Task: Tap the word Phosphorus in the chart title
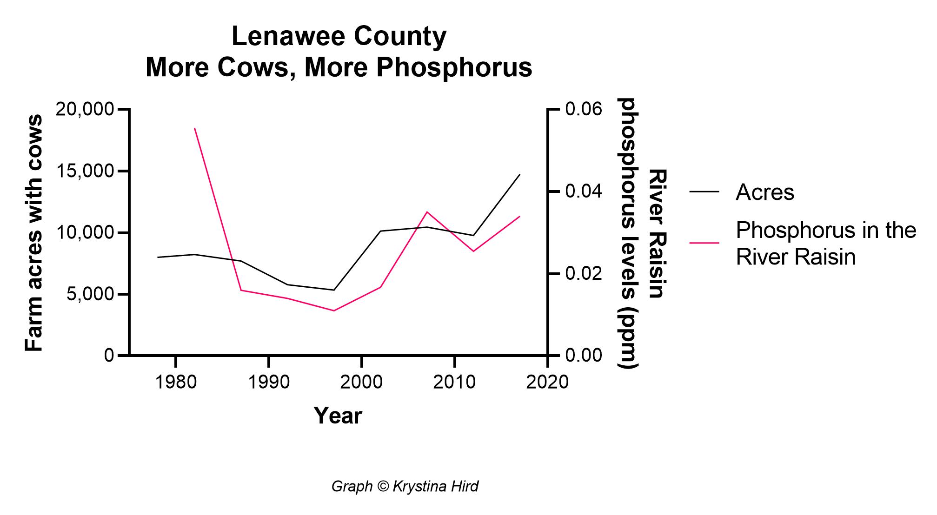pyautogui.click(x=454, y=67)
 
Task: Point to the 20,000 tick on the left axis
pyautogui.click(x=85, y=110)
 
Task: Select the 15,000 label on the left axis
pyautogui.click(x=85, y=172)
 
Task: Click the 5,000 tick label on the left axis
pyautogui.click(x=90, y=295)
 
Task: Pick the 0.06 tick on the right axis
pyautogui.click(x=583, y=110)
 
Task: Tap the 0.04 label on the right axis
pyautogui.click(x=583, y=192)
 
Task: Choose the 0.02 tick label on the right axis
pyautogui.click(x=583, y=274)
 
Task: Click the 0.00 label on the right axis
pyautogui.click(x=583, y=356)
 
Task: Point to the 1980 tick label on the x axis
pyautogui.click(x=175, y=383)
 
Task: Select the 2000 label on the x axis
pyautogui.click(x=361, y=383)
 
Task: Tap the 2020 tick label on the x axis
pyautogui.click(x=547, y=383)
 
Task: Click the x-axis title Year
pyautogui.click(x=338, y=416)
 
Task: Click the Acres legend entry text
pyautogui.click(x=764, y=192)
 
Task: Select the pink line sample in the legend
pyautogui.click(x=704, y=243)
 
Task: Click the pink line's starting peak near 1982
pyautogui.click(x=194, y=128)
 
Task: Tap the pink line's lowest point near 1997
pyautogui.click(x=334, y=310)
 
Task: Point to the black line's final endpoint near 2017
pyautogui.click(x=520, y=174)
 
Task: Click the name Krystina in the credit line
pyautogui.click(x=414, y=487)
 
